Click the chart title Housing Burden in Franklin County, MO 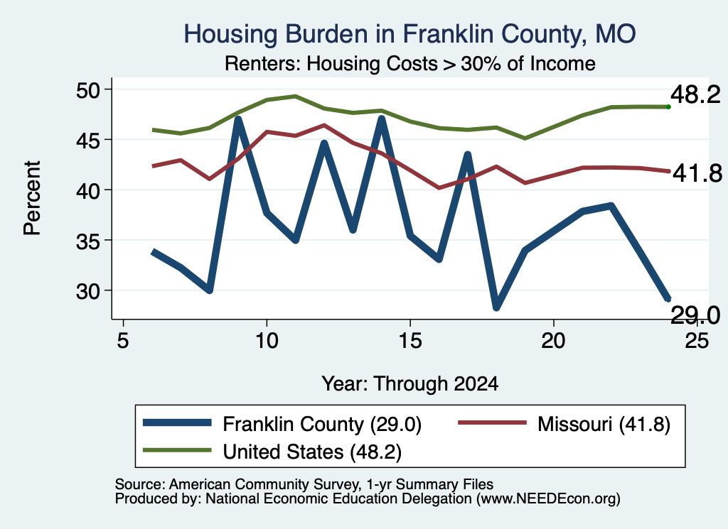[x=409, y=34]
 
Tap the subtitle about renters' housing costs [x=410, y=63]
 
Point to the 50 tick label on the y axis [x=87, y=89]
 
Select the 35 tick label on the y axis [x=87, y=240]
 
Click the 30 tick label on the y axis [x=87, y=290]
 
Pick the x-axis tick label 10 [x=267, y=341]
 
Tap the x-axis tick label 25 [x=697, y=341]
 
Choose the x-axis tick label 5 [x=122, y=341]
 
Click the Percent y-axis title [x=32, y=198]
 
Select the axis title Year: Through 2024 [x=410, y=384]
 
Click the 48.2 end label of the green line [x=695, y=95]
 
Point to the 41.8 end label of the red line [x=697, y=173]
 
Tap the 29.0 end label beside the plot [x=695, y=316]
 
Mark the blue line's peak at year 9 [x=238, y=119]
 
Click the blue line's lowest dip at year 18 [x=496, y=307]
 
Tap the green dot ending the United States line [x=668, y=107]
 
